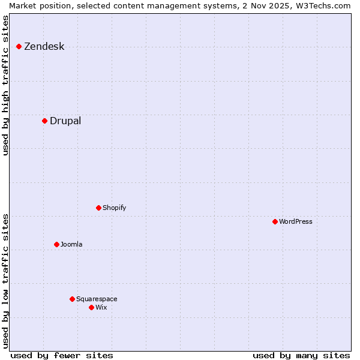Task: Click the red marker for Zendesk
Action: [x=19, y=46]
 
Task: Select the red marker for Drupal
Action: [x=44, y=121]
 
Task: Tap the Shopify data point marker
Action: [x=98, y=208]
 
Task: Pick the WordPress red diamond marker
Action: [x=275, y=221]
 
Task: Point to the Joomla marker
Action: [x=56, y=244]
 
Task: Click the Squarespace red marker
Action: [x=72, y=299]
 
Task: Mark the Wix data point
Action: [x=91, y=307]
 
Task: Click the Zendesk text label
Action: [x=44, y=47]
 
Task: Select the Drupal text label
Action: [x=65, y=121]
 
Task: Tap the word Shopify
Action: [x=114, y=208]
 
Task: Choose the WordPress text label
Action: [x=295, y=222]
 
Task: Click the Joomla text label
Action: [x=71, y=245]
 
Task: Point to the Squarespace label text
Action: [x=97, y=299]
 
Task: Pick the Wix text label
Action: [x=101, y=308]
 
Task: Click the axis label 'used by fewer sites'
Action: [x=62, y=355]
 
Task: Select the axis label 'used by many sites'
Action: [x=301, y=355]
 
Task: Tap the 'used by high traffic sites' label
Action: [x=6, y=86]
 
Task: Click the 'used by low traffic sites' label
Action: [x=6, y=281]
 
